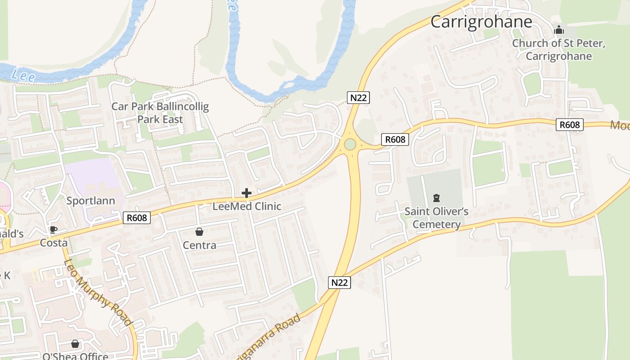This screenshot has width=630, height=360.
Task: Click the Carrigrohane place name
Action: pyautogui.click(x=481, y=22)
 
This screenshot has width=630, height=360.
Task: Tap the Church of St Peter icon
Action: pyautogui.click(x=559, y=30)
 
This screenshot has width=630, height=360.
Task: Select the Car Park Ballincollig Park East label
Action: pyautogui.click(x=160, y=113)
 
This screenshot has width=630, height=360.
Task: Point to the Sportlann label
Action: pyautogui.click(x=91, y=201)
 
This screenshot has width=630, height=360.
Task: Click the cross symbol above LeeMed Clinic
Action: pyautogui.click(x=247, y=193)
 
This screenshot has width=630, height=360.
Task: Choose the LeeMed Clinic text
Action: pyautogui.click(x=247, y=207)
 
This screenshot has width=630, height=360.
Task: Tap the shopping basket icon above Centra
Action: pyautogui.click(x=199, y=232)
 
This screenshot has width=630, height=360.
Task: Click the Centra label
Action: pyautogui.click(x=199, y=245)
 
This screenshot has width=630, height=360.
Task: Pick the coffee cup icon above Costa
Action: pyautogui.click(x=54, y=230)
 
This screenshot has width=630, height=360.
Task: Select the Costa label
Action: pyautogui.click(x=54, y=243)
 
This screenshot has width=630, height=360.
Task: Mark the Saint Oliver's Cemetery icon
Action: pyautogui.click(x=436, y=198)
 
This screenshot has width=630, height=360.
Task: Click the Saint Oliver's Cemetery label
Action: pyautogui.click(x=436, y=218)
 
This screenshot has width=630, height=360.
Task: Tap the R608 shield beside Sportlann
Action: pyautogui.click(x=137, y=218)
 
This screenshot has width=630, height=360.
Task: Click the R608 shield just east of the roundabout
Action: pyautogui.click(x=396, y=139)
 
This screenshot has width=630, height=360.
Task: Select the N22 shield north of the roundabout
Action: pyautogui.click(x=358, y=97)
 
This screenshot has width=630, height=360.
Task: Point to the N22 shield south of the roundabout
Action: pyautogui.click(x=339, y=283)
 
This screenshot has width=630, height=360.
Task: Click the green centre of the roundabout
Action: pyautogui.click(x=350, y=144)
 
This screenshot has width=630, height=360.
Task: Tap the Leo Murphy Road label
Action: pyautogui.click(x=98, y=293)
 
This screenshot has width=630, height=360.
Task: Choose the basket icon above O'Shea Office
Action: pyautogui.click(x=75, y=344)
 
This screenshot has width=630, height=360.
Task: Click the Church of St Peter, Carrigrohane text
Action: pyautogui.click(x=559, y=49)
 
